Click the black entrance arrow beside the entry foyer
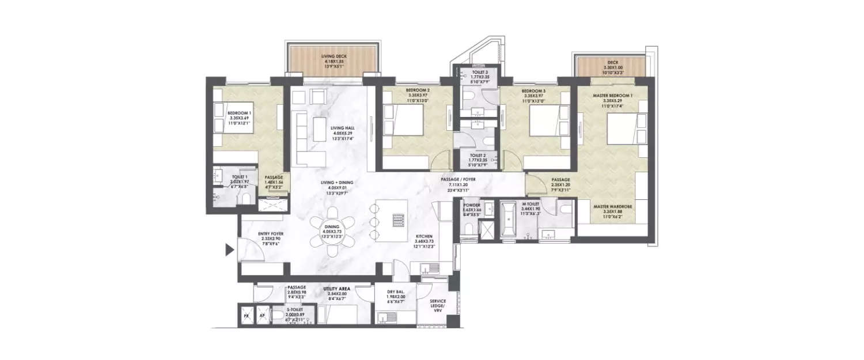pos(229,250)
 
